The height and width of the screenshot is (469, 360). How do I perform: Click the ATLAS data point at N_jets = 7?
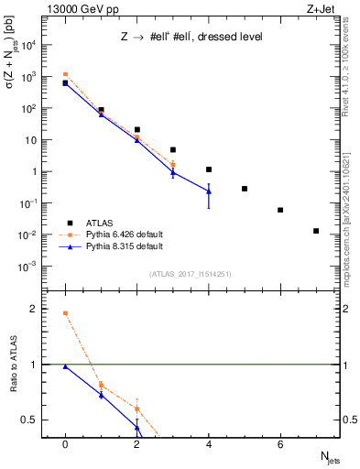pos(316,231)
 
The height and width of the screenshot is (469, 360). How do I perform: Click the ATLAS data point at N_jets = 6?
pos(280,210)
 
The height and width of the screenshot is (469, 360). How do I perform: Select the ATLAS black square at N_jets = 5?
pos(245,189)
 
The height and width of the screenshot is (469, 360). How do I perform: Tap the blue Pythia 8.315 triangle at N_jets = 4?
pos(209,191)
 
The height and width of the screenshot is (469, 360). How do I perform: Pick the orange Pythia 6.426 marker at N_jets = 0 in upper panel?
pos(65,74)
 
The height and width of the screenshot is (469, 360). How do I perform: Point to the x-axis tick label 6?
pos(280,443)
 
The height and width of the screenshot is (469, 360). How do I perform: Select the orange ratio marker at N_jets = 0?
pos(65,313)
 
